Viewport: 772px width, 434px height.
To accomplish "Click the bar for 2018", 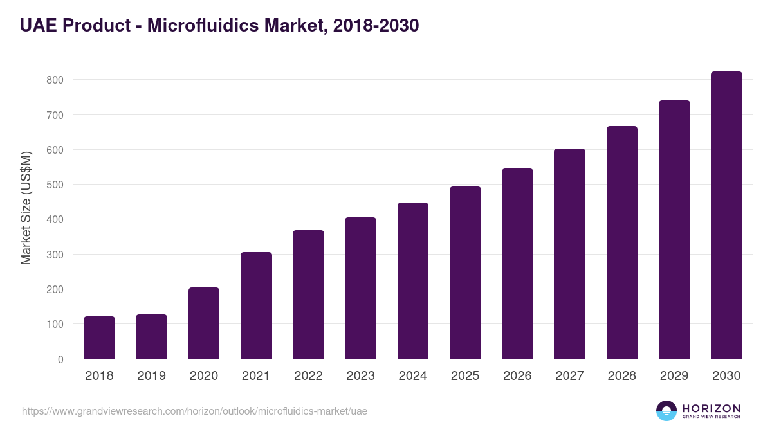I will point(99,338).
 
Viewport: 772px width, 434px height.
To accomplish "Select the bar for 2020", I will point(204,323).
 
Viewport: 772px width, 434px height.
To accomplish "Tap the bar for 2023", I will point(360,288).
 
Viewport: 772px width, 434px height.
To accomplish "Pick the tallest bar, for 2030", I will point(726,215).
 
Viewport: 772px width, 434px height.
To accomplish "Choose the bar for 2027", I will point(569,254).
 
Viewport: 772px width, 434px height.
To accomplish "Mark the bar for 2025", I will point(465,273).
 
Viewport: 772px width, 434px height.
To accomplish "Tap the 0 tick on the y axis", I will point(60,359).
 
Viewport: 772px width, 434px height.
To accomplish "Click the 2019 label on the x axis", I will point(151,376).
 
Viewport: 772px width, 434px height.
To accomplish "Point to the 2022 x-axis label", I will point(308,376).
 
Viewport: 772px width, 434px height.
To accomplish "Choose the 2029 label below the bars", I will point(674,376).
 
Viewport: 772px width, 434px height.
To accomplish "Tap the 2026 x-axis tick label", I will point(517,376).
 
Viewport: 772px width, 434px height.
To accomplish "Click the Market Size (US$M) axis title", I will point(26,208).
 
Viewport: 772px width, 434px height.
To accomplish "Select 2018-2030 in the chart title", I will point(376,25).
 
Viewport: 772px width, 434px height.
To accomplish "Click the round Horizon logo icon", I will point(666,411).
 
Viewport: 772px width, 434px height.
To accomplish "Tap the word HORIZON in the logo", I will point(711,408).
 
